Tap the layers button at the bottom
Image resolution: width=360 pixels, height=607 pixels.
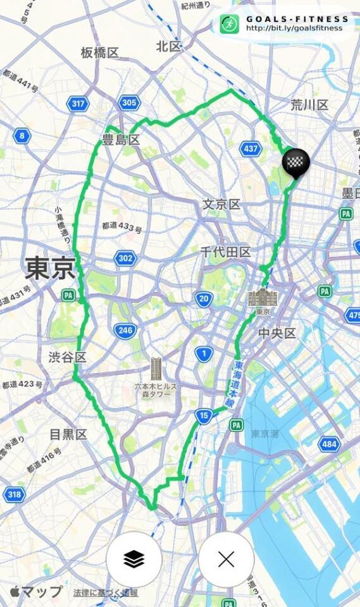(x=133, y=559)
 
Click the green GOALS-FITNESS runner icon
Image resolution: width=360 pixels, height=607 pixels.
(x=230, y=24)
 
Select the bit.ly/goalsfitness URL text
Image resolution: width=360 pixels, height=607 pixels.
(x=294, y=28)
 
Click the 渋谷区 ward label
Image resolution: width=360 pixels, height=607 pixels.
(x=67, y=357)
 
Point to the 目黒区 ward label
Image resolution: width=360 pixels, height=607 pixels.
(x=68, y=434)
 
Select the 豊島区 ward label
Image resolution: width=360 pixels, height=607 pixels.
(x=120, y=140)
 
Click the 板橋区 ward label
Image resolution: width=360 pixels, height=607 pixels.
(x=100, y=52)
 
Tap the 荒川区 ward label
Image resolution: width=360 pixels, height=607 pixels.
(x=309, y=104)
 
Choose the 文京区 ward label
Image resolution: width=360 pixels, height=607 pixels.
(x=221, y=204)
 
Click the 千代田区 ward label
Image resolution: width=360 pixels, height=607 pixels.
(x=225, y=252)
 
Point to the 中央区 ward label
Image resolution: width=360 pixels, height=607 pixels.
(x=277, y=333)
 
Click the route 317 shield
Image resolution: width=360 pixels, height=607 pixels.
(x=79, y=104)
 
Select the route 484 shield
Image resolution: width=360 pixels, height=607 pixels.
(x=329, y=444)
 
